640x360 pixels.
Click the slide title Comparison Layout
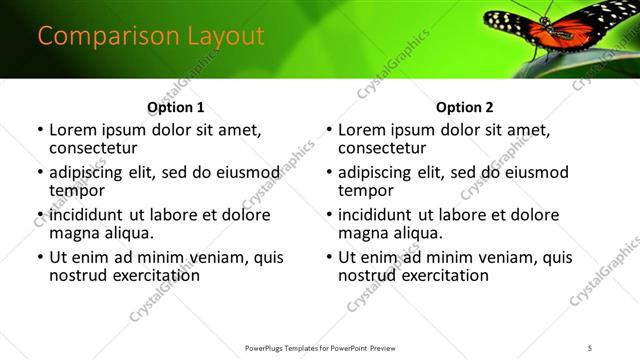(151, 36)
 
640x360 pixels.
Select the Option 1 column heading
(175, 107)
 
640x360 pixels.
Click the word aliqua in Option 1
(127, 233)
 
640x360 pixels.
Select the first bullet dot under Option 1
(39, 130)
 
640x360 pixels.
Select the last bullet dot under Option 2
(328, 257)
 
